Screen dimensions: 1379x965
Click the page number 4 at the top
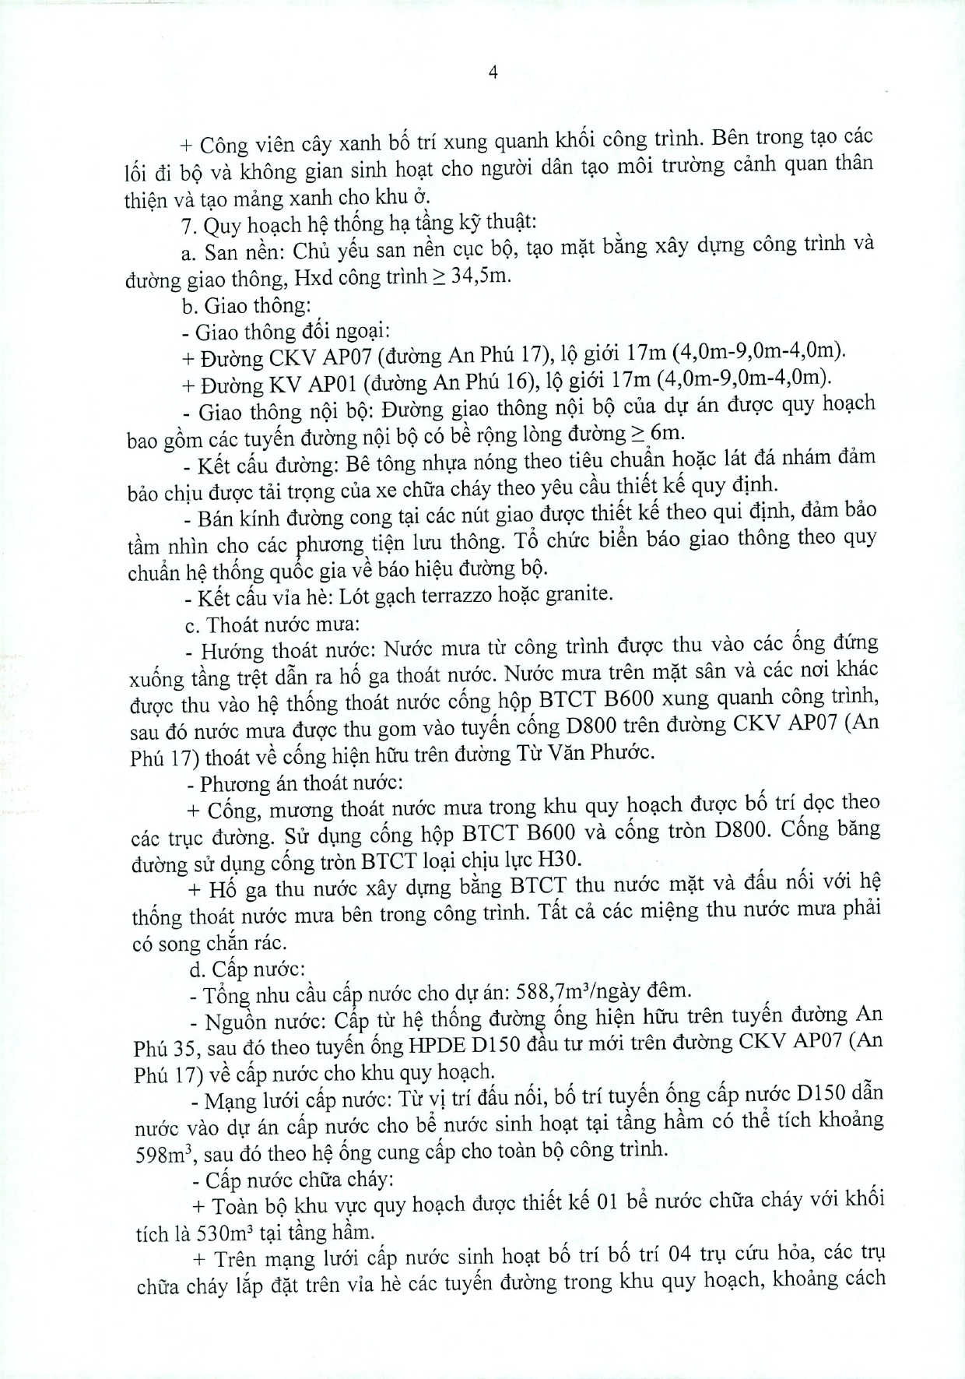(492, 72)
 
